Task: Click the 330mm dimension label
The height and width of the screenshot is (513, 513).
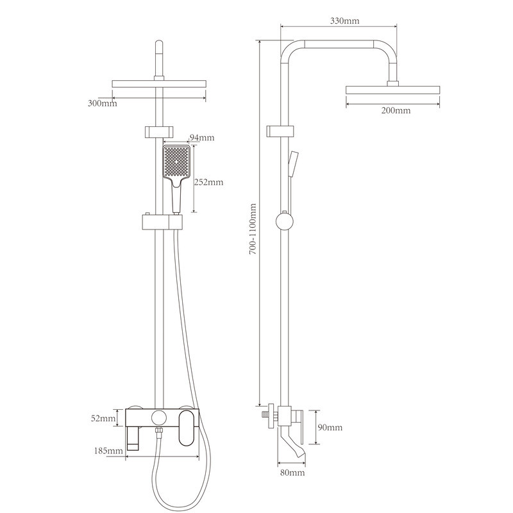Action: click(344, 21)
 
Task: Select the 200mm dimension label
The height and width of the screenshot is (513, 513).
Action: click(396, 110)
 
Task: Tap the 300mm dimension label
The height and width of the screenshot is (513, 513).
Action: click(103, 103)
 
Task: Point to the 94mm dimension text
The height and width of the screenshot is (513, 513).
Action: click(202, 137)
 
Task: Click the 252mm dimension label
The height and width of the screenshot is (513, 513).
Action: click(209, 182)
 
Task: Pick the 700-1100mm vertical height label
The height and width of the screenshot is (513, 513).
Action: click(253, 229)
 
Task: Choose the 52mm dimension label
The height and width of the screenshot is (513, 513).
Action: click(103, 418)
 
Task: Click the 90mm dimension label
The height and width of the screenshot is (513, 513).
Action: click(330, 427)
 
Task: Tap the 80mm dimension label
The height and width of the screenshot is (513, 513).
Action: click(292, 473)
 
